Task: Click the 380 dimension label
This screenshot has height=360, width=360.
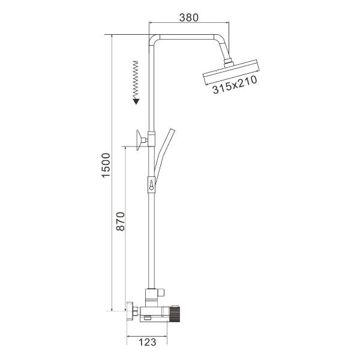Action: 188,17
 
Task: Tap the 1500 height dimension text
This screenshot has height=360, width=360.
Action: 106,165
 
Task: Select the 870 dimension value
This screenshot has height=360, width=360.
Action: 121,221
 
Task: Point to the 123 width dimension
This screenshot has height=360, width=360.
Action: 148,342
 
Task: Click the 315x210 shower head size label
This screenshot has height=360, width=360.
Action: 235,85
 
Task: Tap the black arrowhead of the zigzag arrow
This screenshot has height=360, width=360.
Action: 136,101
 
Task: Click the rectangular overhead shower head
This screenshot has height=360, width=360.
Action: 231,73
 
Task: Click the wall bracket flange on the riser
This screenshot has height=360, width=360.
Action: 139,140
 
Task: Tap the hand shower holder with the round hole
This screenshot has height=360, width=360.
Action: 151,185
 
